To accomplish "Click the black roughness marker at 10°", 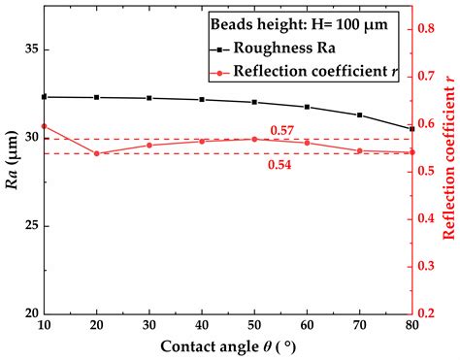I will click(x=44, y=97).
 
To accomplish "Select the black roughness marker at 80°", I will click(x=411, y=128).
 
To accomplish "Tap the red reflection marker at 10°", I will click(x=44, y=126).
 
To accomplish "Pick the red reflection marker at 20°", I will click(x=96, y=153).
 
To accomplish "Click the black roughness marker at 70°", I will click(x=359, y=115).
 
